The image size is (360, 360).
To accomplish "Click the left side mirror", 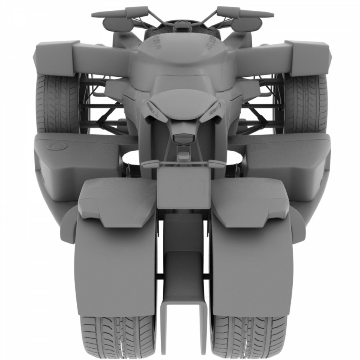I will (x=119, y=24).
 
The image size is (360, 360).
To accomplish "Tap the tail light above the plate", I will (x=183, y=138).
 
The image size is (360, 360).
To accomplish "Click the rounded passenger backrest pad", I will (x=183, y=100).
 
